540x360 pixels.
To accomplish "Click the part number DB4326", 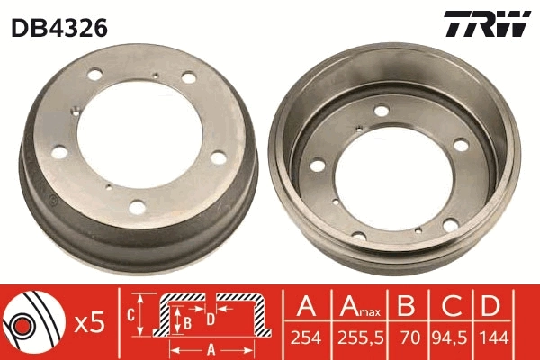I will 59,28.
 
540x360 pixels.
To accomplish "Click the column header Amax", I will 355,306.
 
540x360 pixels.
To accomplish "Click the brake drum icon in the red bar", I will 29,324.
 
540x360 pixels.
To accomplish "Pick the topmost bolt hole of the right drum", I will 382,111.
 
